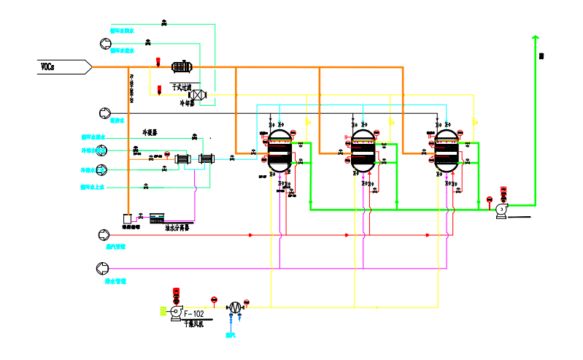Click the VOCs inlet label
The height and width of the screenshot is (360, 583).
coord(47,66)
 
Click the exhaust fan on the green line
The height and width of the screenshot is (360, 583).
coord(501,210)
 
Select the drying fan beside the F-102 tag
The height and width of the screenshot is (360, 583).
coord(175,313)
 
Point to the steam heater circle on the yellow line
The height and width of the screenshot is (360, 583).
coord(235,307)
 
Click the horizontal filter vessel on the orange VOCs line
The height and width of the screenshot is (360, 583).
coord(181,67)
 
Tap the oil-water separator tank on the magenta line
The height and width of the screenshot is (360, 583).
coord(158,217)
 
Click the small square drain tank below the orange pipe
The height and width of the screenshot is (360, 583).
coord(128,218)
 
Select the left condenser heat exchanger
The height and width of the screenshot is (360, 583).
coord(182,158)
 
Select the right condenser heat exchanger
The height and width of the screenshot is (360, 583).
coord(206,158)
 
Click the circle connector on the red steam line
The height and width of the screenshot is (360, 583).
coord(103,235)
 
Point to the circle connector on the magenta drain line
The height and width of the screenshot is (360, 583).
coord(103,267)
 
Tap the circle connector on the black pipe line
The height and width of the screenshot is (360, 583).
coord(103,113)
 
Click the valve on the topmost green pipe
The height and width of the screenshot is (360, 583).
coord(163,24)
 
